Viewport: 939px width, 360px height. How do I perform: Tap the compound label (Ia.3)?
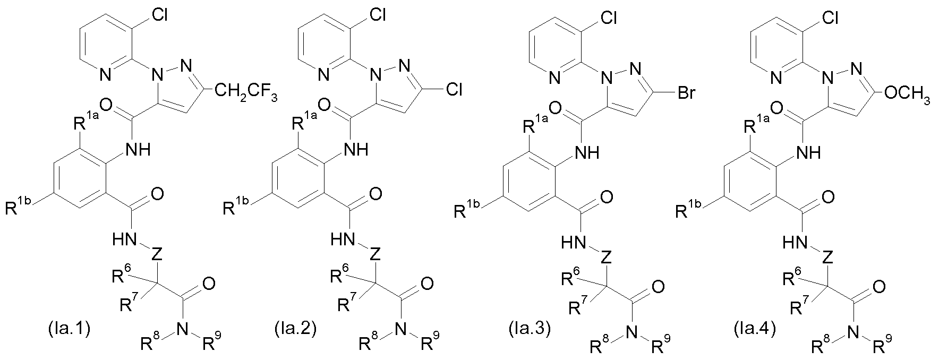click(x=526, y=330)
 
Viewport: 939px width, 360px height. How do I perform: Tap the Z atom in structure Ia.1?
click(x=156, y=254)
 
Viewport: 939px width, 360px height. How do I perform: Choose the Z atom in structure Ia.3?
click(x=608, y=258)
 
